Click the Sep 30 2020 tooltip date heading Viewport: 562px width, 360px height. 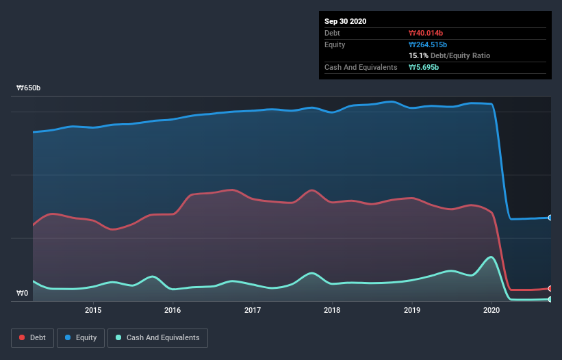[345, 21]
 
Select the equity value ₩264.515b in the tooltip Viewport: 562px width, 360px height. [428, 44]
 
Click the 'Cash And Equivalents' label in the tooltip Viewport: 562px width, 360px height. [361, 67]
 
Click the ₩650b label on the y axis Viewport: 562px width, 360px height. [29, 88]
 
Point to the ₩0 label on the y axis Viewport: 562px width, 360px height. [23, 294]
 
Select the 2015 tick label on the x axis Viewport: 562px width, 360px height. [93, 310]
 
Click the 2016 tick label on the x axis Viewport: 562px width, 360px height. [173, 310]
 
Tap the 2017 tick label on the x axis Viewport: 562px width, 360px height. [253, 310]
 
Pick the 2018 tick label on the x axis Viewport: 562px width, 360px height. [332, 310]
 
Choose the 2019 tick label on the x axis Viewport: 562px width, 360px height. [412, 310]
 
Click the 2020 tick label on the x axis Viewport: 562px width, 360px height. [491, 310]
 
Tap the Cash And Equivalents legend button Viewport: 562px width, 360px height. [157, 337]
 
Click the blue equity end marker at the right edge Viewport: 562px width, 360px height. [550, 218]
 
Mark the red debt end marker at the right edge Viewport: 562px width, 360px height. [550, 288]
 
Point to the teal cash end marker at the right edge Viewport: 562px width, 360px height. [550, 299]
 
